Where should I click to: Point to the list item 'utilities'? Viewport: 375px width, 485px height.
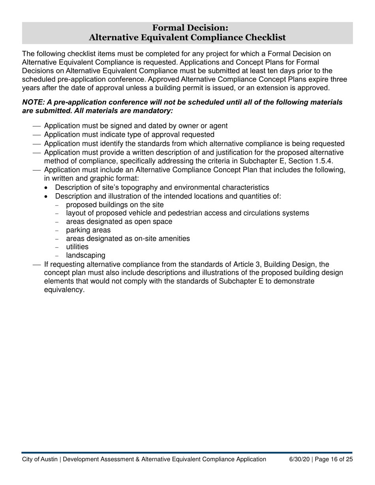pyautogui.click(x=77, y=247)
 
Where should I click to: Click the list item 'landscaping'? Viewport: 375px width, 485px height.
pyautogui.click(x=86, y=255)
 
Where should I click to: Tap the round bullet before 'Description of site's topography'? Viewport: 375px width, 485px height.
pyautogui.click(x=47, y=188)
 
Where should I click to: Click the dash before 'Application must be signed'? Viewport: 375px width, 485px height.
pyautogui.click(x=37, y=126)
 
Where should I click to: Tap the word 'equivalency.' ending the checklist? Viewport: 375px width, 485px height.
pyautogui.click(x=64, y=290)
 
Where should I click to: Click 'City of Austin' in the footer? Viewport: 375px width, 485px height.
pyautogui.click(x=40, y=459)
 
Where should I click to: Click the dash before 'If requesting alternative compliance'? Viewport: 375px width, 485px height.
pyautogui.click(x=37, y=265)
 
